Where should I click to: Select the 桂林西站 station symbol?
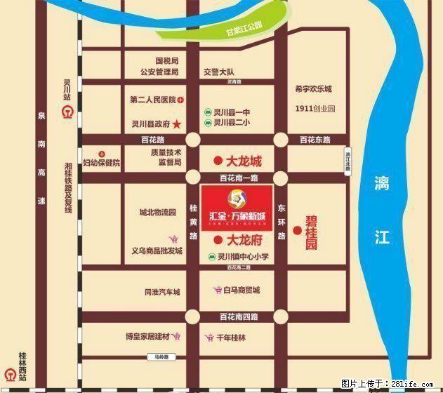[x=10, y=374]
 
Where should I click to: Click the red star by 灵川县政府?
[x=177, y=124]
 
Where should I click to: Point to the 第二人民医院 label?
[x=152, y=100]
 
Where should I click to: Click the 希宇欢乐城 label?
[x=313, y=89]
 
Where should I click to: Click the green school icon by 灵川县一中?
[x=208, y=112]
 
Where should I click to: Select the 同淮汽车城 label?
[x=162, y=292]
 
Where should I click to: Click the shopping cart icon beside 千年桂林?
[x=209, y=338]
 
